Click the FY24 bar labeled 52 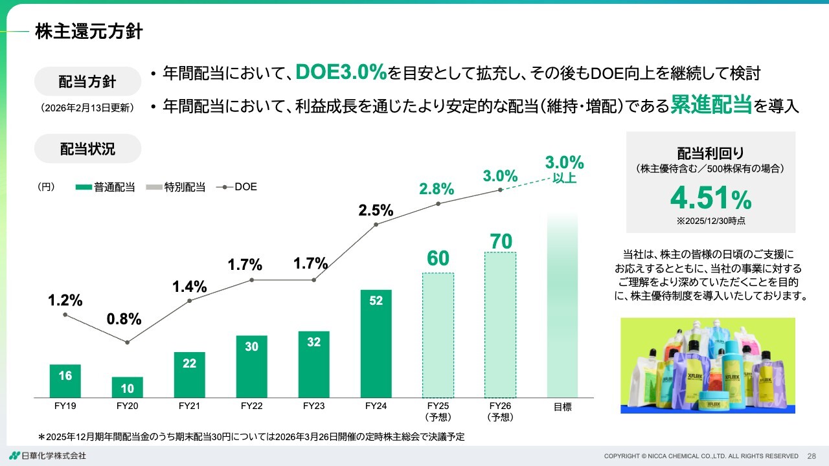[376, 343]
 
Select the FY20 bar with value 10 [127, 387]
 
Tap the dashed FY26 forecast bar [500, 324]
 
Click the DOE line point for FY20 [127, 342]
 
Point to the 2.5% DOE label [376, 210]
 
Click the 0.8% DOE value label [124, 319]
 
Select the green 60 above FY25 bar [438, 258]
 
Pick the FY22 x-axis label [251, 406]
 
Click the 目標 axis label [562, 407]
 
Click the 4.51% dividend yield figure [710, 199]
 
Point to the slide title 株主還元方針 [89, 31]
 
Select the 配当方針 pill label [87, 82]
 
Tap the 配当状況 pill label [87, 148]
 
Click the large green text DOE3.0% [341, 72]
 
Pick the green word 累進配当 [710, 104]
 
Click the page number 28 [812, 456]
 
